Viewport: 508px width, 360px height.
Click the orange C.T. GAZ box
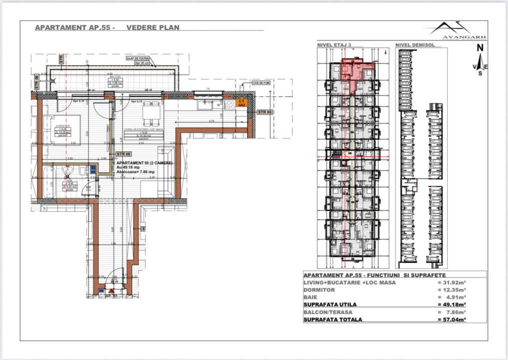click(x=242, y=103)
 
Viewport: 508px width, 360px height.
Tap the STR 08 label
click(x=123, y=154)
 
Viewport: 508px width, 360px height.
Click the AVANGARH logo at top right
click(x=457, y=31)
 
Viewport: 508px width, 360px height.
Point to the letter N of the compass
click(x=479, y=48)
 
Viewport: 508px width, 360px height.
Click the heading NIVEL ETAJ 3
click(x=334, y=44)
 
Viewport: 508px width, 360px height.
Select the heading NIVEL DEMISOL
click(x=414, y=44)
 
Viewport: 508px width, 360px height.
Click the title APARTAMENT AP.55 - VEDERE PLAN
click(x=107, y=28)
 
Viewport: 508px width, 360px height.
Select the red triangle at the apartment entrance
click(x=111, y=290)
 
